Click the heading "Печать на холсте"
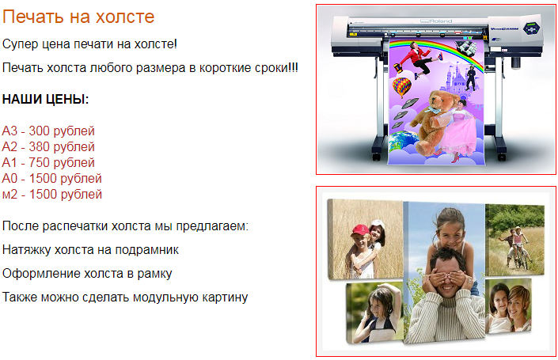(78, 17)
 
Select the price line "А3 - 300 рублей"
(48, 131)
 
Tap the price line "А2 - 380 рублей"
(48, 146)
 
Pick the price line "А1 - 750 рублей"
(48, 162)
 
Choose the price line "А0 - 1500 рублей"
(52, 178)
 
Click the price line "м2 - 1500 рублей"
(52, 194)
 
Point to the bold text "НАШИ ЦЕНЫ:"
(46, 99)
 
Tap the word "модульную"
(165, 297)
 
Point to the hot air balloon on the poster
(401, 86)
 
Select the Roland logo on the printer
(436, 21)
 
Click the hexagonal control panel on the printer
(531, 28)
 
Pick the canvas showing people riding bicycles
(514, 240)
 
